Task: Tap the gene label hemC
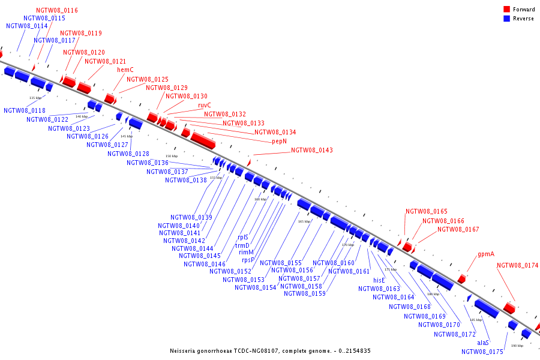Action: [x=125, y=70]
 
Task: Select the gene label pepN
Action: [x=280, y=142]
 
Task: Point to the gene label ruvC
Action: [x=205, y=105]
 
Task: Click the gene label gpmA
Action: [x=486, y=254]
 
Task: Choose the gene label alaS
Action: [x=483, y=343]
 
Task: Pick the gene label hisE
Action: [x=379, y=280]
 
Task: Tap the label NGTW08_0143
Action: [x=312, y=150]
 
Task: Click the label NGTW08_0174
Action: [x=518, y=265]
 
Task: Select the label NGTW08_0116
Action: [x=57, y=10]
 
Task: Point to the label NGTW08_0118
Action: [x=25, y=110]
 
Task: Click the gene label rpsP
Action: [x=248, y=260]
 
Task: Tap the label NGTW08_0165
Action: [x=427, y=211]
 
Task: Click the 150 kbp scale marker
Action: [x=172, y=156]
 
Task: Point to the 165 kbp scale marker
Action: [x=304, y=221]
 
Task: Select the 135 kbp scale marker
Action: [x=35, y=97]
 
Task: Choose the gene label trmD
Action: [x=242, y=245]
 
